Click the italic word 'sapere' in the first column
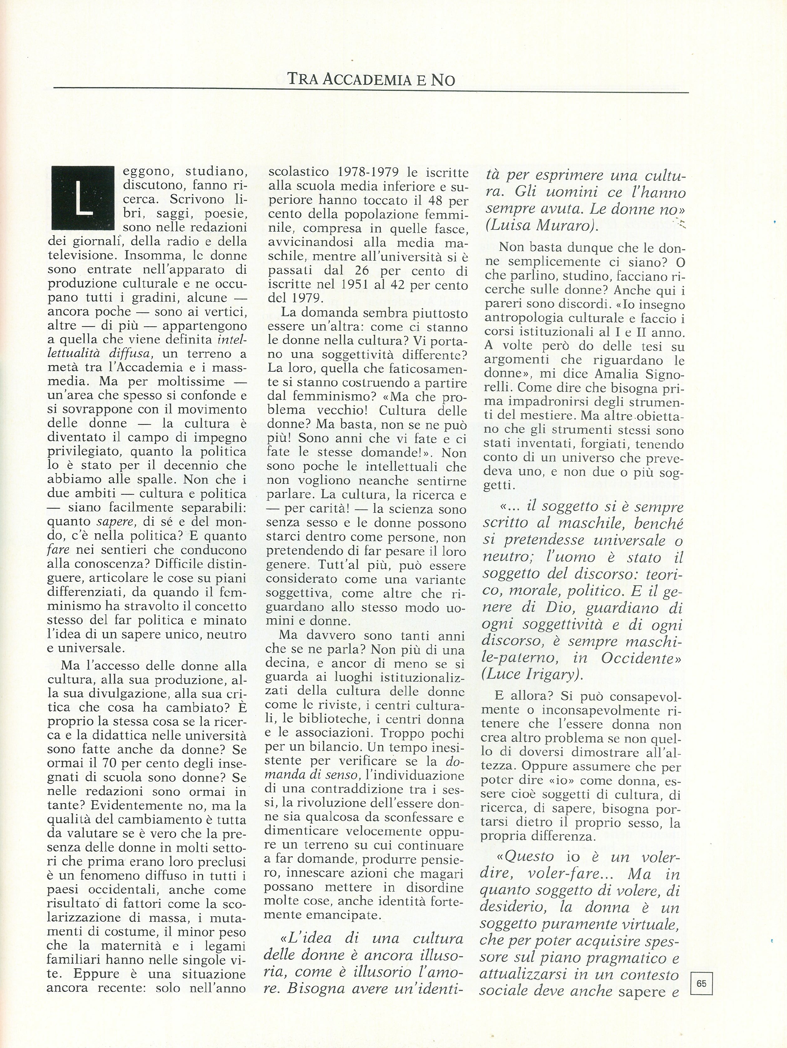[112, 522]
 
